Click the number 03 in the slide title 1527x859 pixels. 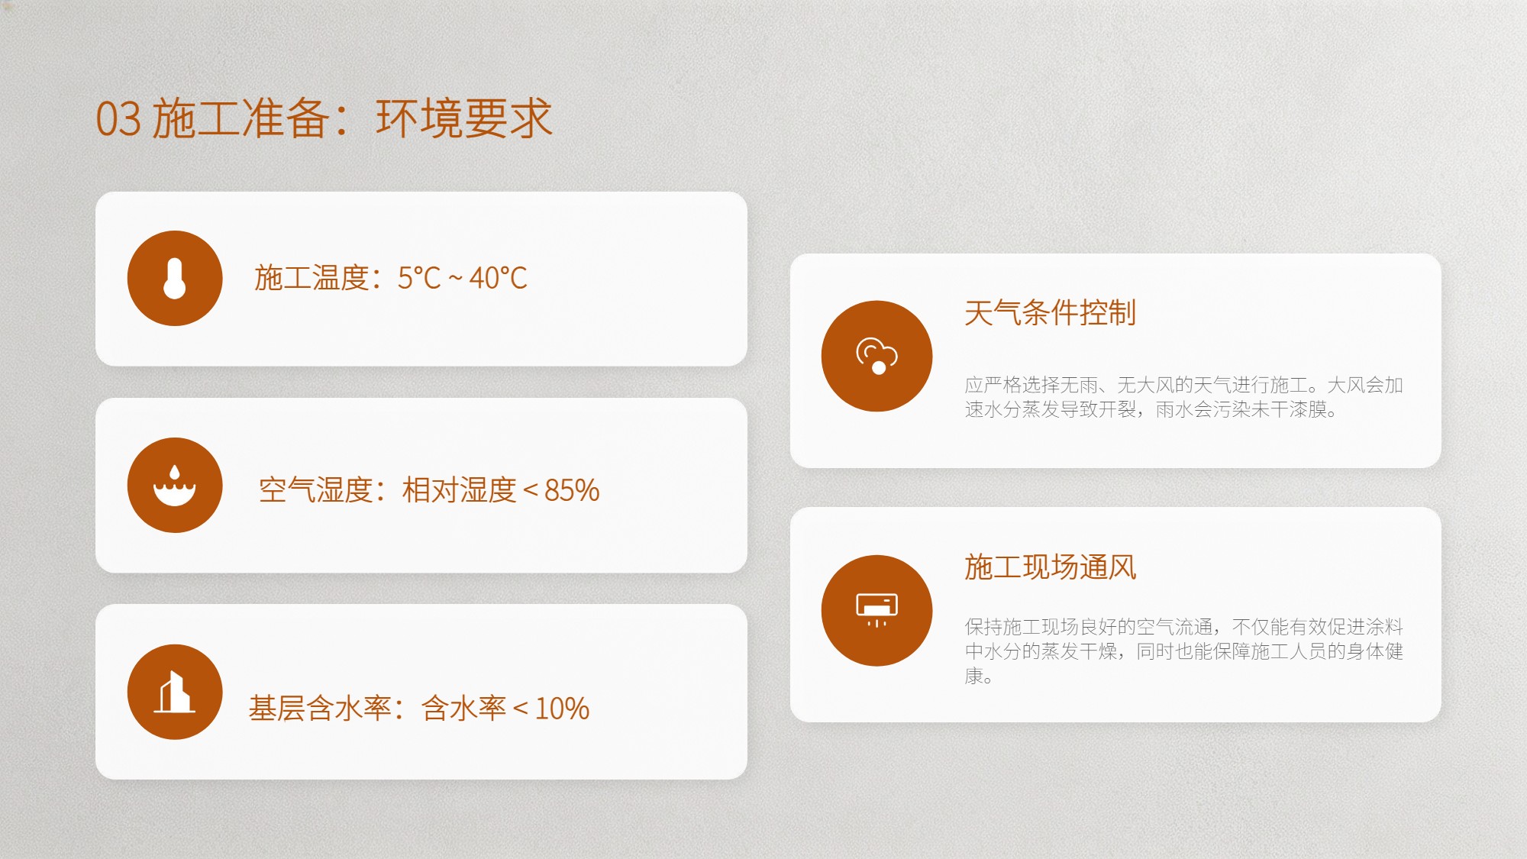pos(118,119)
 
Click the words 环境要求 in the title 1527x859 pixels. pos(464,118)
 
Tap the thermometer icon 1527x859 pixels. pos(175,278)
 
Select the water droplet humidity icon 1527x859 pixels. pos(175,485)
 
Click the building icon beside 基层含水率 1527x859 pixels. pos(175,692)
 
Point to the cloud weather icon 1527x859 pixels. pos(876,356)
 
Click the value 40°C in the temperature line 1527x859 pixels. pos(498,278)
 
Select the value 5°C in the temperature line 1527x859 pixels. pos(419,278)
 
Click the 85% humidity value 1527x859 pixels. pos(572,490)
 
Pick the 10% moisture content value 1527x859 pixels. pos(562,709)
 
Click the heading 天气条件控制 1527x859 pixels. pos(1050,312)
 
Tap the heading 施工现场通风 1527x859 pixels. pos(1050,567)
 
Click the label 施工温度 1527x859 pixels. pos(312,278)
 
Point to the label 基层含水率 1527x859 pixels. pos(320,709)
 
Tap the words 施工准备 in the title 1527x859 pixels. pos(241,118)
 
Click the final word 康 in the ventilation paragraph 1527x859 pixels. pos(973,676)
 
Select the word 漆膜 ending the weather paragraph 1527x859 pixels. pos(1308,409)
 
